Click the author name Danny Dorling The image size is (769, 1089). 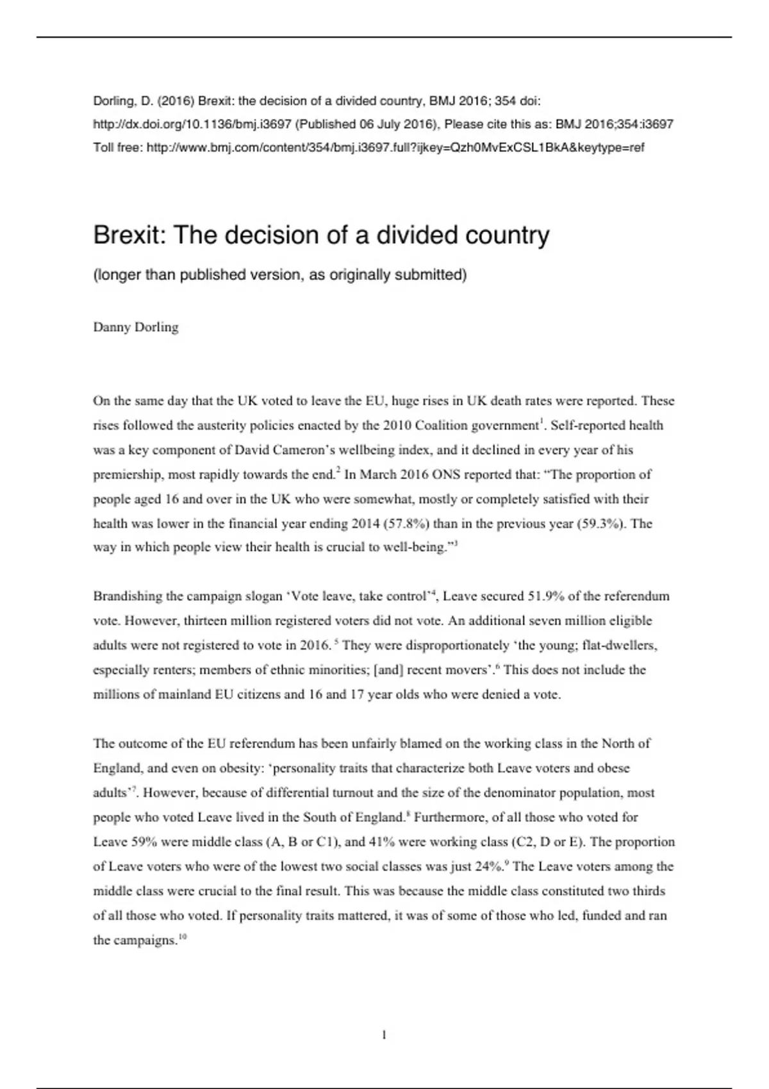(136, 327)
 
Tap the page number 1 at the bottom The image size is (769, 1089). (384, 1035)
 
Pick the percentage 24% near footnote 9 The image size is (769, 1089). (489, 867)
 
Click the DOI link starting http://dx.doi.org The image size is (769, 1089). (193, 124)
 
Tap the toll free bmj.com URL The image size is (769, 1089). (395, 147)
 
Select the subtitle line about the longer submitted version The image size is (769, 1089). (280, 275)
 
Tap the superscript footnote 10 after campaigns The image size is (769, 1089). (183, 938)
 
